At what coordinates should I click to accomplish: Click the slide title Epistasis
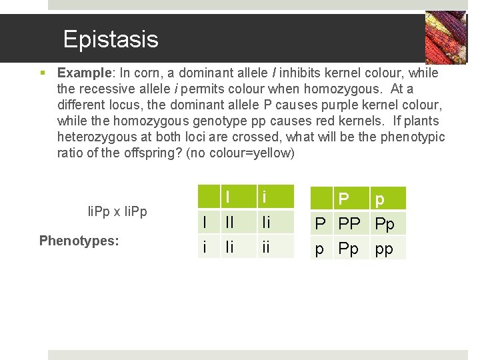coord(111,39)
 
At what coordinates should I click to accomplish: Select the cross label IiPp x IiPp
coord(117,211)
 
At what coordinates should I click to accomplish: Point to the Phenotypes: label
coord(79,240)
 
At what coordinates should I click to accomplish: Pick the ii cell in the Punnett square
coord(266,247)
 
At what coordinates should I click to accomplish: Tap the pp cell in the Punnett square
coord(384,249)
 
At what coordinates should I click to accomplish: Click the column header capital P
coord(343,199)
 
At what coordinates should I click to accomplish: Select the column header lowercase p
coord(380,199)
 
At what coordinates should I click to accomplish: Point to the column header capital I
coord(228,197)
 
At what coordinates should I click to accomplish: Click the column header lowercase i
coord(265,197)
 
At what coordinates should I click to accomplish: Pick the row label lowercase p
coord(320,249)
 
